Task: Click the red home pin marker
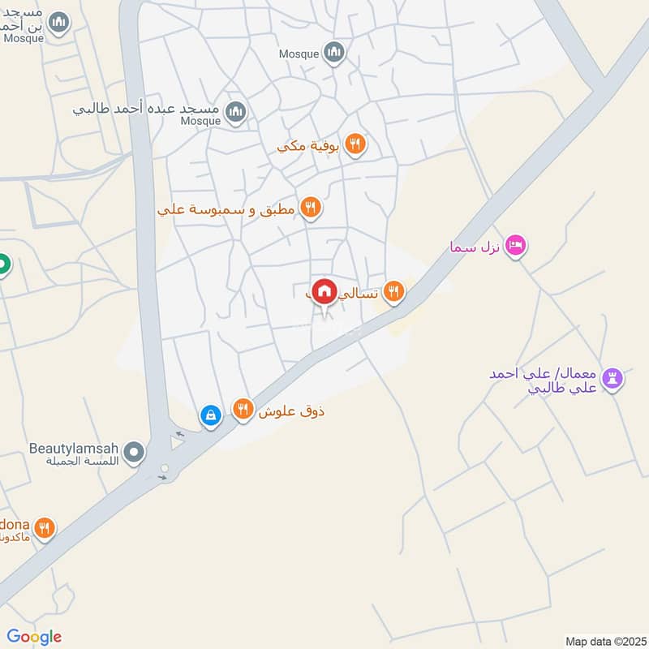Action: (324, 290)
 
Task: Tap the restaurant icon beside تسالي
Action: (394, 291)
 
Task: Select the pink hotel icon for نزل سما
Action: (515, 245)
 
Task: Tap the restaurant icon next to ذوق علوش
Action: (243, 410)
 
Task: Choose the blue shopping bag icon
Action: (211, 415)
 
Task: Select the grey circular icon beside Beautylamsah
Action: (135, 452)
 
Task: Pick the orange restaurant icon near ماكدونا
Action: (45, 528)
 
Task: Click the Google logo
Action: (34, 637)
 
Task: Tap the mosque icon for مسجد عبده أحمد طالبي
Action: (236, 111)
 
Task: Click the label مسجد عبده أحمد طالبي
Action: (147, 107)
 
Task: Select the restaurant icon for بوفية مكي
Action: (355, 145)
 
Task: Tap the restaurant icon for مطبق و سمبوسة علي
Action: (310, 208)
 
